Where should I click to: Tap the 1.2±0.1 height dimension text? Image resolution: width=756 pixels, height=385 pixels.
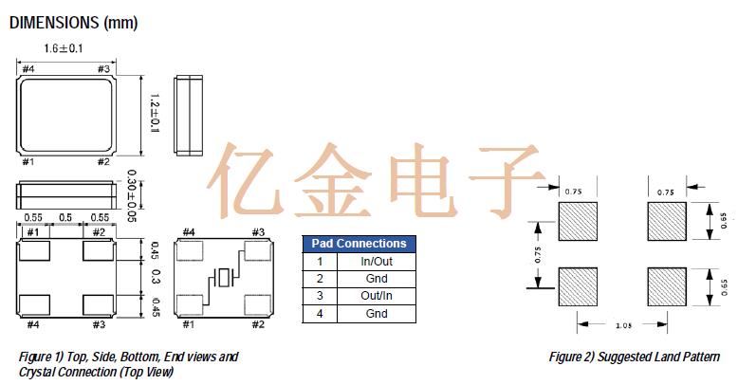(155, 112)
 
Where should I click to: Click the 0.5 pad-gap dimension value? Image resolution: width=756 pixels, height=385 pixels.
(66, 218)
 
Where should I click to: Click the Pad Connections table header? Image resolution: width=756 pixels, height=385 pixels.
(359, 244)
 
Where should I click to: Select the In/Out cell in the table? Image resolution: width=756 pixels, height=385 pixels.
(377, 261)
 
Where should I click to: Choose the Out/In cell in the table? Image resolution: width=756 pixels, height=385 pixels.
(377, 296)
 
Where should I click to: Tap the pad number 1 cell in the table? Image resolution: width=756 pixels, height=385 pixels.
(320, 261)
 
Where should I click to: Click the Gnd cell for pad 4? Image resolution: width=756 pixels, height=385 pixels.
(377, 313)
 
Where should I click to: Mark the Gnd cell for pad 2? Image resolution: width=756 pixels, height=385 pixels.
(377, 279)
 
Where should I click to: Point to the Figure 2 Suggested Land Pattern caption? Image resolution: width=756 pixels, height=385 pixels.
(635, 357)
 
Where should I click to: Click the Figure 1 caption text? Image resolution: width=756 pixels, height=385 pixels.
(128, 364)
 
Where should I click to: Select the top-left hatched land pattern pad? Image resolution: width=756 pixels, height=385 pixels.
(577, 225)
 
